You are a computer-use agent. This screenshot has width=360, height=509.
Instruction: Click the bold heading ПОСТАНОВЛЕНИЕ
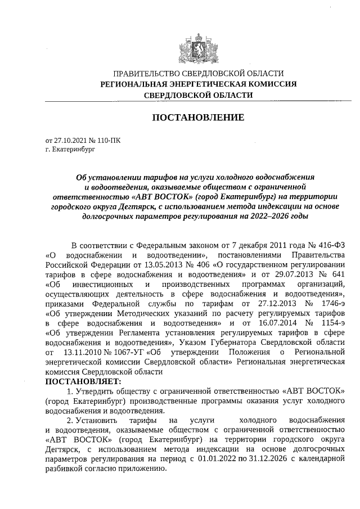tap(198, 118)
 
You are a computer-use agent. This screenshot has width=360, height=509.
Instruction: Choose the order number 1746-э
tap(329, 303)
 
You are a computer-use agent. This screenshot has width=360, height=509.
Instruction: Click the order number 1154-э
tap(329, 322)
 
